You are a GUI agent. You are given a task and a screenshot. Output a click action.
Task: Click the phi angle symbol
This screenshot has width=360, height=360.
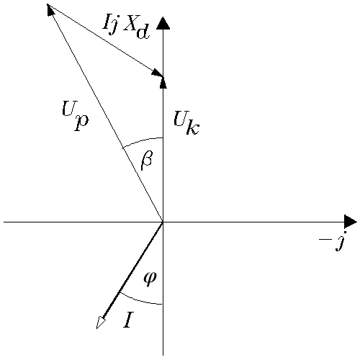pos(150,279)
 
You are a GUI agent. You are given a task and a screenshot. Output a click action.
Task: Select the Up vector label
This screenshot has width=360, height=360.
pos(75,116)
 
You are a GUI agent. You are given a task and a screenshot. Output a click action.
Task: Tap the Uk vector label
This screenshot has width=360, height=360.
pos(186,123)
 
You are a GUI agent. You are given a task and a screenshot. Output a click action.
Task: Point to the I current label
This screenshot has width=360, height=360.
pos(128,320)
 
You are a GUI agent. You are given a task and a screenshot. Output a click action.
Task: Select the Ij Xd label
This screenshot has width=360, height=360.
pos(126,27)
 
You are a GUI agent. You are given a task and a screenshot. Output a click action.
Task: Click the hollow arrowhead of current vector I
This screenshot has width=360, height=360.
pos(101,323)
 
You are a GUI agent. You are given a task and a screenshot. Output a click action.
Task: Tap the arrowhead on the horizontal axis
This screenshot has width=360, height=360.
pos(351,222)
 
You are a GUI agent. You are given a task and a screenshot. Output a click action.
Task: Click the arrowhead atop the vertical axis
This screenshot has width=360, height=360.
pos(163,23)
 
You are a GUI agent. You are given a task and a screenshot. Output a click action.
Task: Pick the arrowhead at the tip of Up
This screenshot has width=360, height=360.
pos(51,10)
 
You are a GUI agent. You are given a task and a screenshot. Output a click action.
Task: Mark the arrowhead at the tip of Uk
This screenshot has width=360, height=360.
pos(163,82)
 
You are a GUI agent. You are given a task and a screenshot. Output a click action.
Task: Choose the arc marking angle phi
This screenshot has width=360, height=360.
pos(140,301)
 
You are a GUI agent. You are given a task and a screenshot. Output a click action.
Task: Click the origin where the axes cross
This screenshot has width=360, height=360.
pos(163,222)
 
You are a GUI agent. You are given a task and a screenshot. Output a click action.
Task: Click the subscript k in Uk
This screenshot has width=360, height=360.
pos(193,127)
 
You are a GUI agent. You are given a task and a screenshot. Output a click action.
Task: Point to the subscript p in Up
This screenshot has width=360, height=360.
pos(81,122)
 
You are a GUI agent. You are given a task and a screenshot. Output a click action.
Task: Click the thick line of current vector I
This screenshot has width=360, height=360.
pos(132,271)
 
